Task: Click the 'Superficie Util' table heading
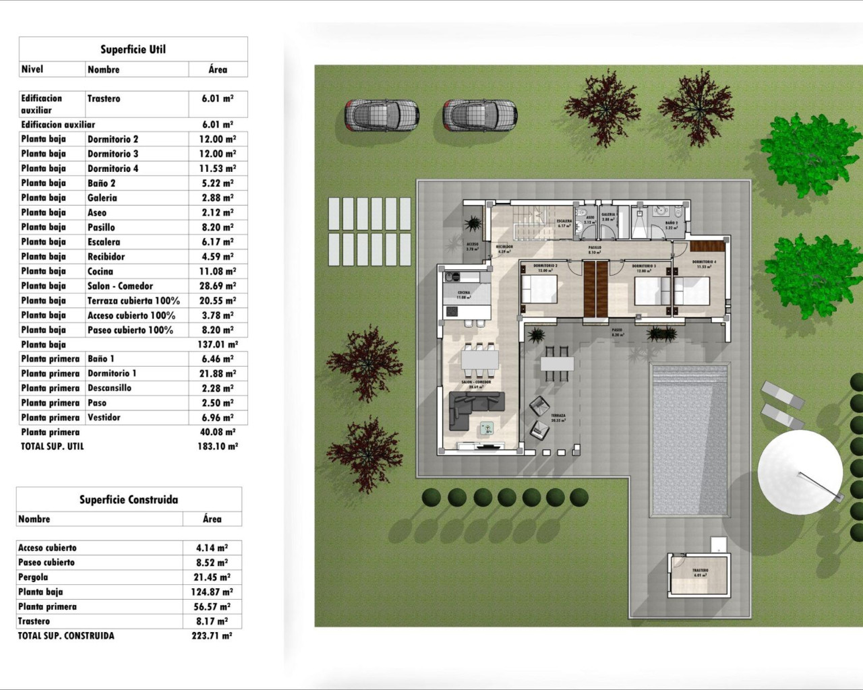pyautogui.click(x=133, y=49)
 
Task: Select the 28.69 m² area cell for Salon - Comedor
pyautogui.click(x=218, y=286)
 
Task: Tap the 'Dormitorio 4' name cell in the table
pyautogui.click(x=113, y=168)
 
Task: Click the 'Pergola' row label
pyautogui.click(x=33, y=577)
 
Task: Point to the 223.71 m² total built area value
pyautogui.click(x=212, y=635)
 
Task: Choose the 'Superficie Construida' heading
pyautogui.click(x=129, y=499)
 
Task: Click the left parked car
pyautogui.click(x=382, y=115)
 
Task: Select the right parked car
pyautogui.click(x=479, y=115)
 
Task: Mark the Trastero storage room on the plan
pyautogui.click(x=700, y=574)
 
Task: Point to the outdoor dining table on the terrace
pyautogui.click(x=557, y=364)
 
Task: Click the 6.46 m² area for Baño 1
pyautogui.click(x=218, y=359)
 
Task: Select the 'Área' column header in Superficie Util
pyautogui.click(x=218, y=69)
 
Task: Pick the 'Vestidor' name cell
pyautogui.click(x=104, y=417)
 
